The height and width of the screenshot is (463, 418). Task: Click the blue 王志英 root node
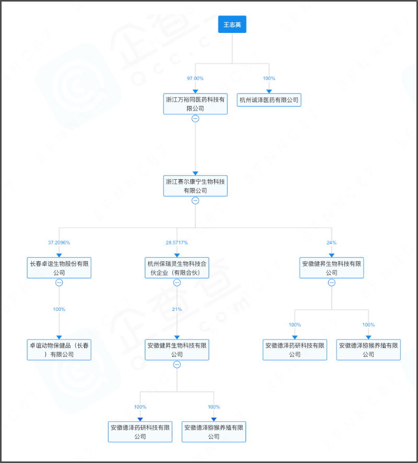tap(232, 24)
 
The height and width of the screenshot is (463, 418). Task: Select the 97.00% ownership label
tap(195, 78)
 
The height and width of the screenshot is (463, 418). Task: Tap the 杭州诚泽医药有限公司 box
tap(269, 99)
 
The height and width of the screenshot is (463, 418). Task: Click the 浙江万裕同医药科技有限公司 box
tap(195, 104)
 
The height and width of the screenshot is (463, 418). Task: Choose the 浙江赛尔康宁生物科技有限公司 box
tap(195, 186)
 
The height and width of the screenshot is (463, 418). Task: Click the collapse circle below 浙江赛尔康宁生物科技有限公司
tap(195, 201)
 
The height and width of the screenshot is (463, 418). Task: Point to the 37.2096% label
tap(59, 243)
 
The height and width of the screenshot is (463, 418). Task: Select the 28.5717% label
tap(177, 243)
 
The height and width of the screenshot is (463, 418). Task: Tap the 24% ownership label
tap(332, 243)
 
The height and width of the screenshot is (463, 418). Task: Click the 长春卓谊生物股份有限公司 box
tap(59, 268)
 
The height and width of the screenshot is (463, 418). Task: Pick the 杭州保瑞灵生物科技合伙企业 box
tap(177, 268)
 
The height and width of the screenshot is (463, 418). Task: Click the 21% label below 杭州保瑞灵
tap(177, 309)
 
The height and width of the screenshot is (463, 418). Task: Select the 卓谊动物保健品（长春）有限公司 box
tap(59, 350)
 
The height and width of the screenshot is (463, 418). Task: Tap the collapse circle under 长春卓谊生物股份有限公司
tap(59, 283)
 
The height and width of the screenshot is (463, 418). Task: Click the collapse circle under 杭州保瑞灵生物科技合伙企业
tap(177, 283)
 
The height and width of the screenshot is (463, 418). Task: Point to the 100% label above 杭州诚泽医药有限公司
tap(269, 78)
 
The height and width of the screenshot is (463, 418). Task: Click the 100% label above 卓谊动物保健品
tap(59, 309)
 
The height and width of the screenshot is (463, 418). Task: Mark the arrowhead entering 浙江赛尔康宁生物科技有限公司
tap(195, 173)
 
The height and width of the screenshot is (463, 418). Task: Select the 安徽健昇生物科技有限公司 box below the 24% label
tap(332, 268)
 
